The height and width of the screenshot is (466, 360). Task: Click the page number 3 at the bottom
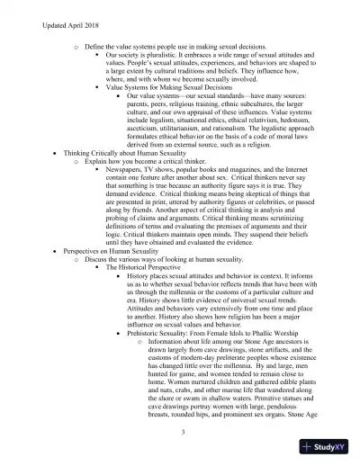coord(183,432)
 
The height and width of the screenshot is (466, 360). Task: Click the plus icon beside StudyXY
coord(309,447)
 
